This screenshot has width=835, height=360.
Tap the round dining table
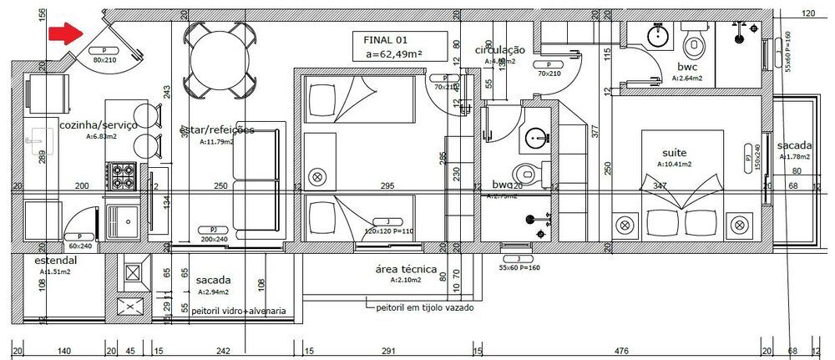click(218, 58)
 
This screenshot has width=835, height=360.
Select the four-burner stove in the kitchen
click(124, 175)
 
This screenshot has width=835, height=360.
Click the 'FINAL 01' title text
click(386, 39)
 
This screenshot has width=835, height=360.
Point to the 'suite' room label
click(675, 154)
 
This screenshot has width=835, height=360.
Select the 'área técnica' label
click(407, 269)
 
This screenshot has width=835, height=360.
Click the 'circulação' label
click(499, 50)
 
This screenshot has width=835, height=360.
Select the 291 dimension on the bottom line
click(387, 352)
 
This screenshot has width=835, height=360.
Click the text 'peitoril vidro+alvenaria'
click(239, 311)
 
